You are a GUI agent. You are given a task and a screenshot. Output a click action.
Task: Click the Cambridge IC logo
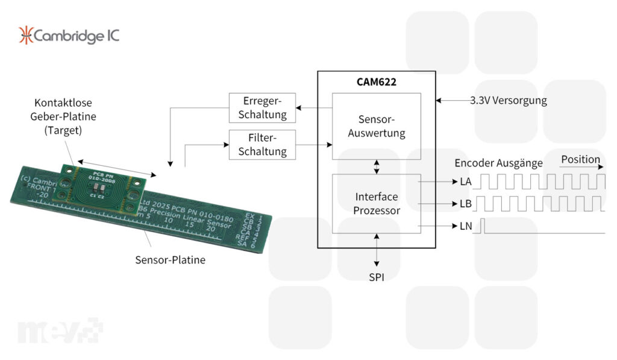point(69,36)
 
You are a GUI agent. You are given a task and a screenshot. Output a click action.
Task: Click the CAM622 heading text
point(376,82)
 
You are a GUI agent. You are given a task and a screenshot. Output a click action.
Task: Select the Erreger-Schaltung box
point(262,107)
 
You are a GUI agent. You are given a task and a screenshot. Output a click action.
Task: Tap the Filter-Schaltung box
point(262,144)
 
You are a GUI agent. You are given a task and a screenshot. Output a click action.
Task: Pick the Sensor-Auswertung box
point(377,126)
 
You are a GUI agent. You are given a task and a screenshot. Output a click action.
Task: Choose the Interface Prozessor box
point(377,203)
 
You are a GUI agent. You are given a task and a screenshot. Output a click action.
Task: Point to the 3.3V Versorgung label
point(509,101)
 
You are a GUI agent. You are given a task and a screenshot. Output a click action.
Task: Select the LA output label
point(465,182)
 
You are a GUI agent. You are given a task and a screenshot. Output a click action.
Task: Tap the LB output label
point(465,204)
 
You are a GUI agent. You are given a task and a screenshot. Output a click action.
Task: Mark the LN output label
point(465,227)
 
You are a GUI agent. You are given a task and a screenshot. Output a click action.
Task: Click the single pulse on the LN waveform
point(483,226)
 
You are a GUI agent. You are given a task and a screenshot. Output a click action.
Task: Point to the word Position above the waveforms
point(580,160)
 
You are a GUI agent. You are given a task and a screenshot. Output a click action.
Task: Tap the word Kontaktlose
point(63,103)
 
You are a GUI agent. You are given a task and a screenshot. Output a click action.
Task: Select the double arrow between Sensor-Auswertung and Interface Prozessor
point(377,167)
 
